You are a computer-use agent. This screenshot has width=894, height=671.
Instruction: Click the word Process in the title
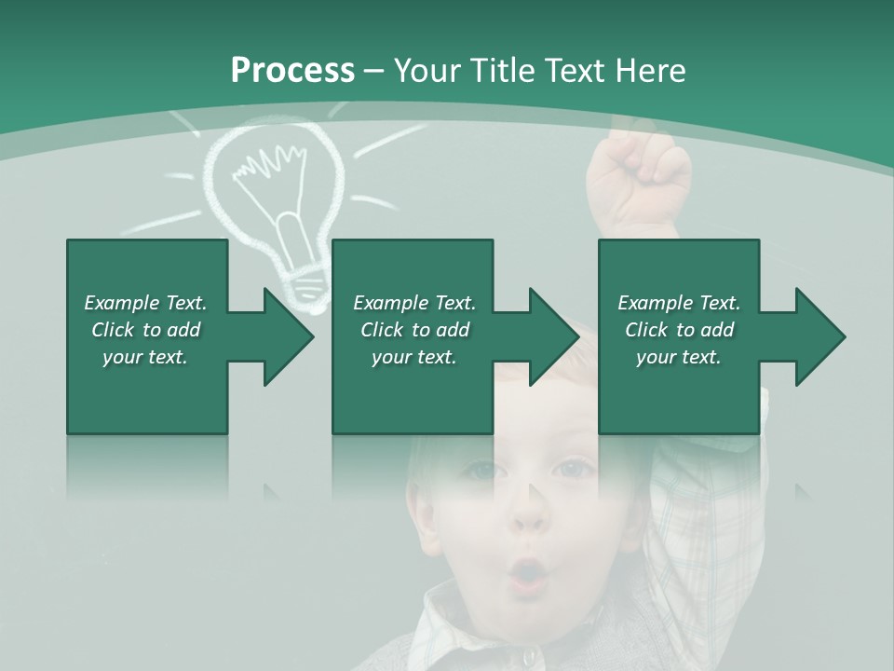(x=292, y=70)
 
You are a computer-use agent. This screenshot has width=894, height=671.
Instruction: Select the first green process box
(x=147, y=391)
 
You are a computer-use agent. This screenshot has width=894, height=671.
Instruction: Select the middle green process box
(x=413, y=391)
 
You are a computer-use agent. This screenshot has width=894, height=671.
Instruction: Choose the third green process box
(x=678, y=391)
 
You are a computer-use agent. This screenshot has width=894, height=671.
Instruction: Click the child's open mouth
(x=528, y=570)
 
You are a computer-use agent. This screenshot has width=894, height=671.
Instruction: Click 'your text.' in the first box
(x=145, y=357)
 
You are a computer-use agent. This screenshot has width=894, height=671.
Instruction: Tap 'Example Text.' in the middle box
(x=414, y=303)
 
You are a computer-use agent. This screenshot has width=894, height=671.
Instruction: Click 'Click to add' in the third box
(x=679, y=330)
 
